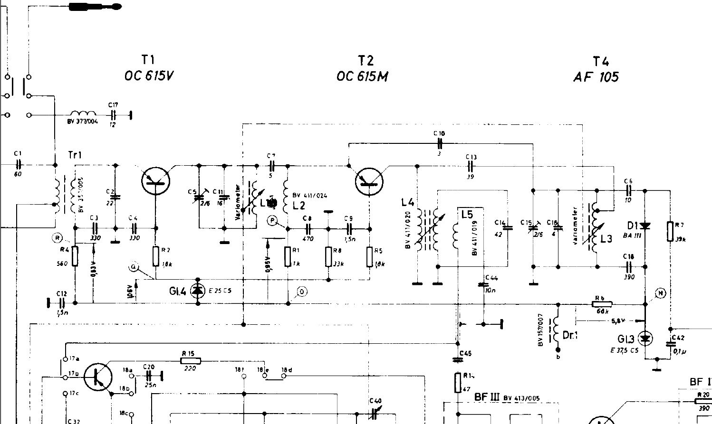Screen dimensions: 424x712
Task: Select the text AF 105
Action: [596, 77]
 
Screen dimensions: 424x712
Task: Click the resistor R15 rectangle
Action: [191, 361]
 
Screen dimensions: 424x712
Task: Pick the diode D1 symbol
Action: [645, 226]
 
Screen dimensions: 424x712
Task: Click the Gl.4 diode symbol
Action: [197, 290]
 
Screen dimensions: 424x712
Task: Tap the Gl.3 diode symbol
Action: [645, 338]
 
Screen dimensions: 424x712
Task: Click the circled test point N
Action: [661, 293]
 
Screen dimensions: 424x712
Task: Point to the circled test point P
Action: [272, 220]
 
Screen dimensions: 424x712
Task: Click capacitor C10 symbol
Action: [440, 143]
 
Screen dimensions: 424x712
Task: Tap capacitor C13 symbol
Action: [471, 166]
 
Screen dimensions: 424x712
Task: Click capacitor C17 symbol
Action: [114, 114]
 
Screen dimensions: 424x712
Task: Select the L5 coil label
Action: [467, 215]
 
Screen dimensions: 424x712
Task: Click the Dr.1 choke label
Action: [570, 335]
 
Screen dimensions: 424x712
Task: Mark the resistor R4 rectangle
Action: [75, 256]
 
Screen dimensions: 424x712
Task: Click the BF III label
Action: [485, 397]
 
